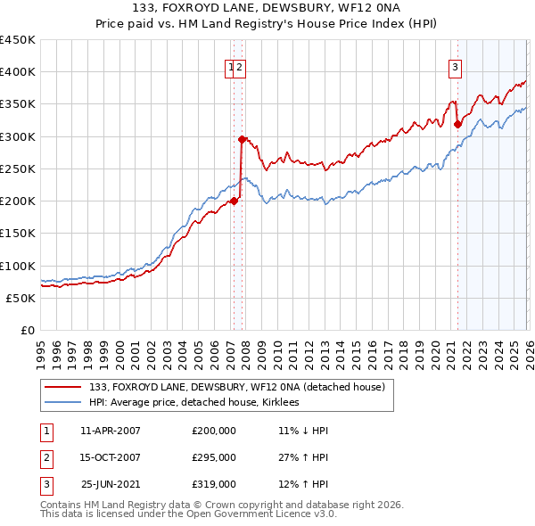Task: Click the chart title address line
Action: coord(267,10)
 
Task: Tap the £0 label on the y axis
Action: coord(28,330)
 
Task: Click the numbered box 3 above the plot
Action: coord(455,66)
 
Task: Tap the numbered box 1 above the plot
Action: coord(231,66)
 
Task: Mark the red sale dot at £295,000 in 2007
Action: coord(242,139)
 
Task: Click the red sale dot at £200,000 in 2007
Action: coord(234,201)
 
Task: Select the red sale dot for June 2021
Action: coord(457,124)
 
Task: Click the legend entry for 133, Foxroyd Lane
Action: coord(236,386)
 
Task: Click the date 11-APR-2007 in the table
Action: coord(111,431)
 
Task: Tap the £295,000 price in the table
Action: coord(214,457)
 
